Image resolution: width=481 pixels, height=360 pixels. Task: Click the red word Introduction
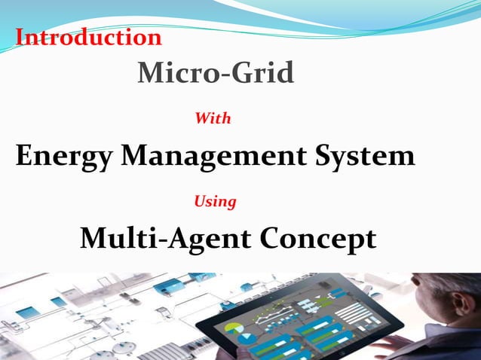pyautogui.click(x=89, y=37)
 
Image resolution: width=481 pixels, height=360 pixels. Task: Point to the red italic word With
pyautogui.click(x=213, y=118)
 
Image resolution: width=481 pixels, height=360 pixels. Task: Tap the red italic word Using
pyautogui.click(x=215, y=201)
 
